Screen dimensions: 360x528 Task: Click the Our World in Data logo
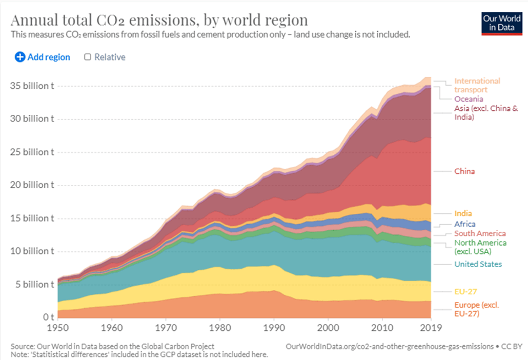click(x=501, y=22)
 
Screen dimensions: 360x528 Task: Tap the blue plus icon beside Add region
click(x=20, y=57)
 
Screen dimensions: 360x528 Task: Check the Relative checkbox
click(x=88, y=57)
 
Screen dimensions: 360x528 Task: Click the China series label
click(x=464, y=171)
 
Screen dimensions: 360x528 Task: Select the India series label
click(x=463, y=213)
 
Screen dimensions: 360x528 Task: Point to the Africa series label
click(x=464, y=224)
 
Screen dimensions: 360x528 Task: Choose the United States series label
click(x=478, y=264)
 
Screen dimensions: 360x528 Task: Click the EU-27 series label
click(x=466, y=291)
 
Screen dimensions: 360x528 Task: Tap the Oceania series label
click(x=469, y=99)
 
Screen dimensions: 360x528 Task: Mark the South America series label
click(x=480, y=233)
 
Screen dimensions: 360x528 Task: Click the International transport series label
click(x=477, y=85)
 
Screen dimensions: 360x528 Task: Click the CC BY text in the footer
click(x=514, y=346)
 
